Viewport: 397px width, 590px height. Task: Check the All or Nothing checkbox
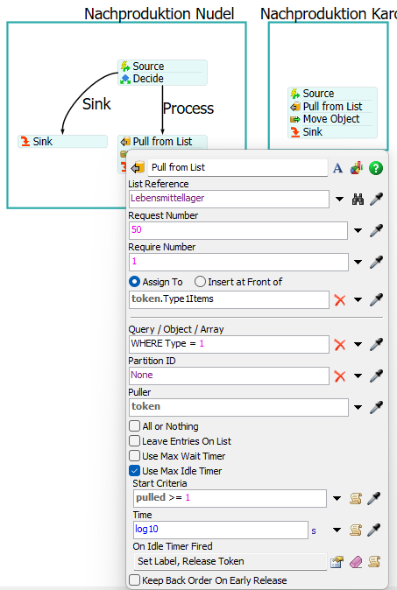[134, 426]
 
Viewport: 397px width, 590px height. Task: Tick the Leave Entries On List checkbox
[134, 441]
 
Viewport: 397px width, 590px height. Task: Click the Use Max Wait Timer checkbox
[134, 456]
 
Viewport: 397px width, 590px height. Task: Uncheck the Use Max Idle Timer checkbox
[134, 471]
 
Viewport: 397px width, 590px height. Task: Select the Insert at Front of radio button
[200, 282]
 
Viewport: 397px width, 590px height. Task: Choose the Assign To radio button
[134, 282]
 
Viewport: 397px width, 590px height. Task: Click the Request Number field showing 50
[238, 230]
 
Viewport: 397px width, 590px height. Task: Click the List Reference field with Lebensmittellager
[229, 199]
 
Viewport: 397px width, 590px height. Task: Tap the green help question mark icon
[376, 168]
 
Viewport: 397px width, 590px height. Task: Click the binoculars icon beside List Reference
[358, 199]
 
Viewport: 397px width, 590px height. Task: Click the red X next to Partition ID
[340, 376]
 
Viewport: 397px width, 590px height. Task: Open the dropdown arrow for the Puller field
[358, 407]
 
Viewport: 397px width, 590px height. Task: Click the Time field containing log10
[221, 530]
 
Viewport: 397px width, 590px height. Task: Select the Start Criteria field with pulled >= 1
[230, 498]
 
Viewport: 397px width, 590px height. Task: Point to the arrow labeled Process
[162, 109]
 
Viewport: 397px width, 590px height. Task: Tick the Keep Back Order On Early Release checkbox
[134, 579]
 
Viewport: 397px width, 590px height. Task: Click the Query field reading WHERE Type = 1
[229, 344]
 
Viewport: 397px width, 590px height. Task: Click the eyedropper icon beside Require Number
[376, 262]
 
